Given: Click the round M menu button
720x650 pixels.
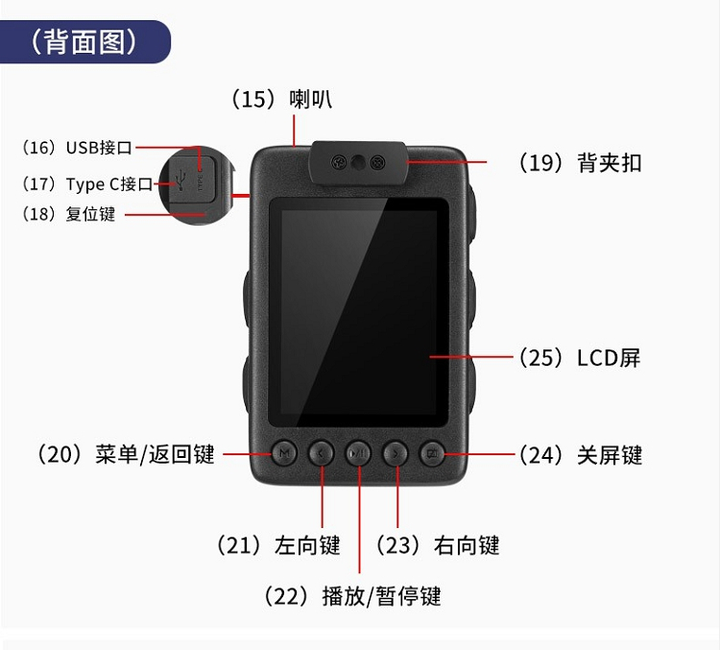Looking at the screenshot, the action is [x=284, y=453].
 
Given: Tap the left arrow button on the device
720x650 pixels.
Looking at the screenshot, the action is [x=321, y=453].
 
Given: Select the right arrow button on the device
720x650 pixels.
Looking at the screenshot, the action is [x=396, y=453].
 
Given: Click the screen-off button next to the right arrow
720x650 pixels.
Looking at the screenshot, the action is [x=433, y=453].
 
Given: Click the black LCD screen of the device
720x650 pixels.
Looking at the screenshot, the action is [x=358, y=312].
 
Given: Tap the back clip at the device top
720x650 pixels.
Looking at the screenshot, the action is [x=359, y=162].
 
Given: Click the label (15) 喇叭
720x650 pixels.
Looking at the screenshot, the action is [x=282, y=99].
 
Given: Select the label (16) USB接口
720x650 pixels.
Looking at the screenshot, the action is [x=78, y=148].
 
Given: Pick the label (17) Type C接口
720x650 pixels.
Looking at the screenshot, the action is [x=87, y=184].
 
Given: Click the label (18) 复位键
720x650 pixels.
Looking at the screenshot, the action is [x=69, y=214].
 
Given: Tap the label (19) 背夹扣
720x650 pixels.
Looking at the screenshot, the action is [x=581, y=163].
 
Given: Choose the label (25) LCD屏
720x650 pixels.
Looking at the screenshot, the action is [x=580, y=358].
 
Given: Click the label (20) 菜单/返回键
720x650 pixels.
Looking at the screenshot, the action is [x=126, y=454].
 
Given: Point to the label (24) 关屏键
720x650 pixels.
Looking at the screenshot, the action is [x=581, y=455].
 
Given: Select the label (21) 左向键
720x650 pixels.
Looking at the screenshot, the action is [x=278, y=545].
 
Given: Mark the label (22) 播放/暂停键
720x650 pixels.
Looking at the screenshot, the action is [x=352, y=596].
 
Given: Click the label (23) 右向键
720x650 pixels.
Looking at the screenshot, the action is [x=438, y=545].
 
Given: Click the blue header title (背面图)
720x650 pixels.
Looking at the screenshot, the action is [x=84, y=42].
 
